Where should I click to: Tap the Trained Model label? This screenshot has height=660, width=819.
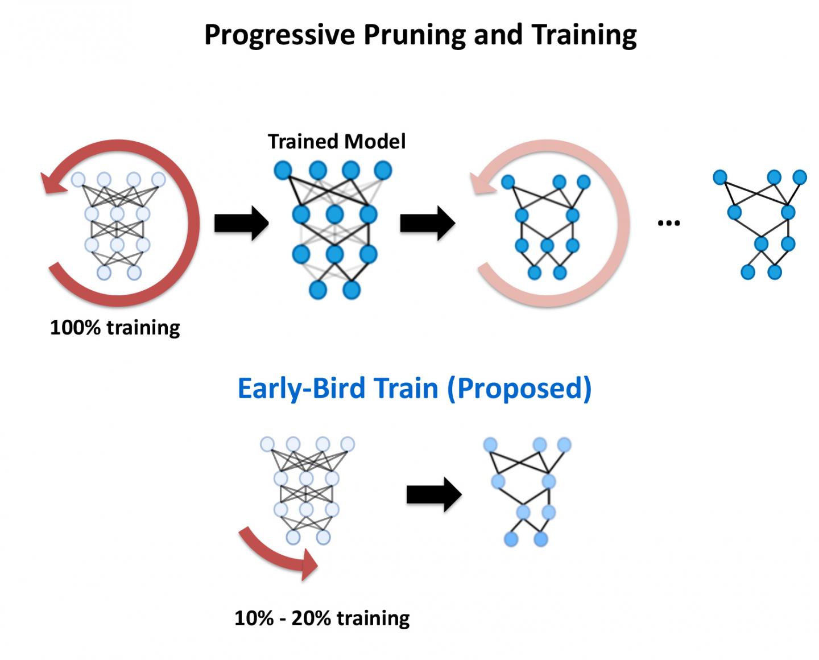coord(337,141)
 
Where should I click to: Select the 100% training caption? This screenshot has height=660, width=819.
coord(115,328)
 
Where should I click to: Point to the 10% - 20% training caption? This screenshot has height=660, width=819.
coord(322,618)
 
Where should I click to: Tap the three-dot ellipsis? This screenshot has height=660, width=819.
coord(668,223)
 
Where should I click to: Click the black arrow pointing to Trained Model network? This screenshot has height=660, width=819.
coord(241,224)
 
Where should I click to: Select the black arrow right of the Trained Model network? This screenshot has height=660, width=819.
coord(427,224)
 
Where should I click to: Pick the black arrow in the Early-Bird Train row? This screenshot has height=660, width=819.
coord(433,494)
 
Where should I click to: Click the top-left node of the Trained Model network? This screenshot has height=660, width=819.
coord(283,170)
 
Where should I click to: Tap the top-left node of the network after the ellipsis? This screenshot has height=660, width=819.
coord(720,177)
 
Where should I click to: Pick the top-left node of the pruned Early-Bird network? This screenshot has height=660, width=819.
coord(490,445)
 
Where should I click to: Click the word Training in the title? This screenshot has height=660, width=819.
coord(584,35)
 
